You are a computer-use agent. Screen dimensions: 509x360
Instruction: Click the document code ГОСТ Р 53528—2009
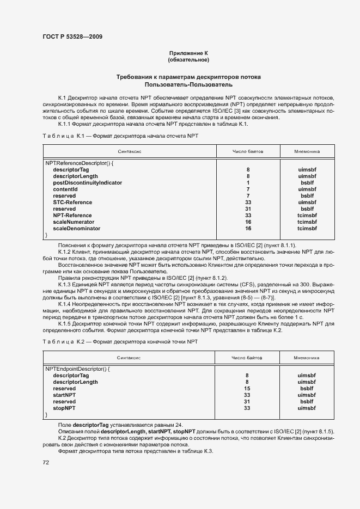(x=72, y=37)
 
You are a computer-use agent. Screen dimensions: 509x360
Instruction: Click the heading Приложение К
(x=188, y=53)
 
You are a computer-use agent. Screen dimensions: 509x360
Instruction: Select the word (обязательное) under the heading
(x=188, y=59)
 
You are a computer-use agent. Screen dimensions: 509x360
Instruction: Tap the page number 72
(x=46, y=462)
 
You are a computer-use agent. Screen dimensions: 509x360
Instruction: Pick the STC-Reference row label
(x=72, y=203)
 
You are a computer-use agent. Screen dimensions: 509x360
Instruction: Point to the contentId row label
(x=65, y=189)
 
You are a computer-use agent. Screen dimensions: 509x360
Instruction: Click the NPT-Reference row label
(x=72, y=216)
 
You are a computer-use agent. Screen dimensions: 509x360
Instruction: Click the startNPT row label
(x=64, y=395)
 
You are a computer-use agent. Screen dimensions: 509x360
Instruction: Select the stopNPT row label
(x=64, y=408)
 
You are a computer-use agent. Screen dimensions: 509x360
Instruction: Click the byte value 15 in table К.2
(x=247, y=388)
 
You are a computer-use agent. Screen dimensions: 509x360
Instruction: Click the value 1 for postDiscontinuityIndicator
(x=248, y=183)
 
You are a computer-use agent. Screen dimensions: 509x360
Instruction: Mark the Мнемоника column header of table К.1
(x=307, y=152)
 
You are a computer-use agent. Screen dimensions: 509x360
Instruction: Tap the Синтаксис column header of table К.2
(x=129, y=358)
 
